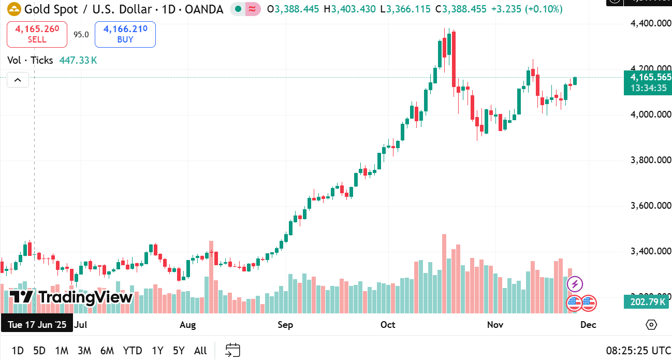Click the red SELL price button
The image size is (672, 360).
point(37,34)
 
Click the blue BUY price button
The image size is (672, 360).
point(125,34)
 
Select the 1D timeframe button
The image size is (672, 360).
point(18,351)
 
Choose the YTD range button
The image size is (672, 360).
point(133,351)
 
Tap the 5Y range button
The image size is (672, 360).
point(179,351)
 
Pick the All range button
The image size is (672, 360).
point(200,351)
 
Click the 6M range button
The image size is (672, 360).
point(107,351)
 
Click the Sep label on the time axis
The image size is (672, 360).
point(285,325)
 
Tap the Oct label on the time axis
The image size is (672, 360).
point(388,325)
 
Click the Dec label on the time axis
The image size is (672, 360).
point(588,325)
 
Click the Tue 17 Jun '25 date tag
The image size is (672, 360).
point(37,325)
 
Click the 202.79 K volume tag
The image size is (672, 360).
point(648,301)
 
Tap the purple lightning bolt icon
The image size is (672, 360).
point(575,284)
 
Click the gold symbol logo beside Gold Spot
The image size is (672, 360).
point(14,9)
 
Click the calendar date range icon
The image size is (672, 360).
point(233,351)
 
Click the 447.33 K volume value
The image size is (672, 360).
point(78,61)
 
